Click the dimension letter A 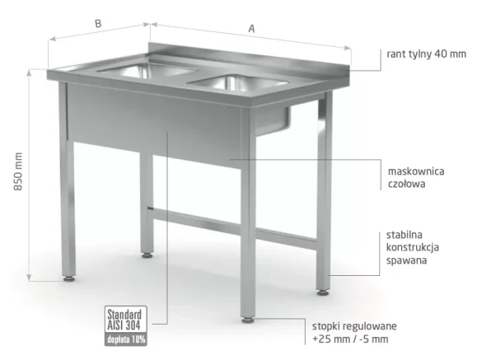coord(252,29)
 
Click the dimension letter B coord(98,24)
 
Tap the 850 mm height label coord(18,171)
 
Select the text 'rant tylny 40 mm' coord(426,54)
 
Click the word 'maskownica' coord(416,171)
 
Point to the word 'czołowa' coord(406,184)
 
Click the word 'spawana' coord(406,260)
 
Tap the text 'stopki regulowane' coord(354,326)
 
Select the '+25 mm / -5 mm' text coord(350,339)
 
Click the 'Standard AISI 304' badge coord(125,320)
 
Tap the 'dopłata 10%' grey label coord(125,339)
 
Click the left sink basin coord(147,70)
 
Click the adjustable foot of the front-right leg coord(248,320)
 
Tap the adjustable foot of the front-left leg coord(69,278)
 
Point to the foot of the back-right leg coord(323,292)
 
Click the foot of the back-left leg coord(147,255)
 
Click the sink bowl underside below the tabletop coord(273,120)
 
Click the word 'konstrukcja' coord(413,247)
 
